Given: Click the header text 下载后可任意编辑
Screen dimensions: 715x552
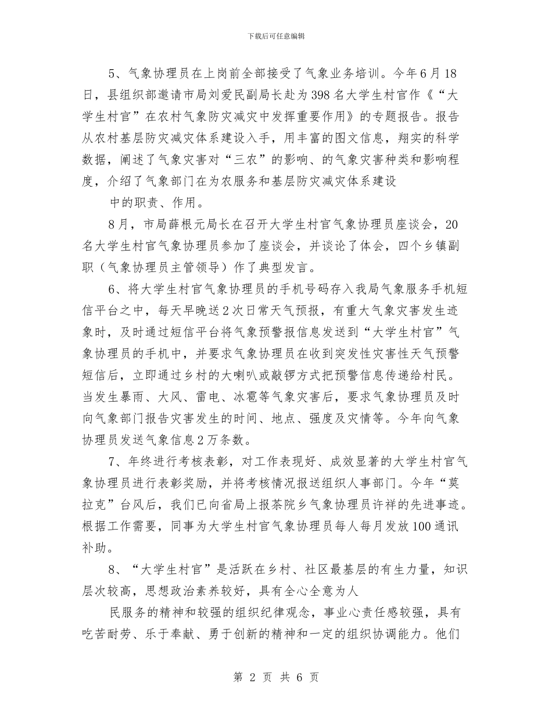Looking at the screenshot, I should pyautogui.click(x=276, y=36).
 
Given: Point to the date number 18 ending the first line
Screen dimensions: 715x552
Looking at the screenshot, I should pyautogui.click(x=451, y=75).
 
